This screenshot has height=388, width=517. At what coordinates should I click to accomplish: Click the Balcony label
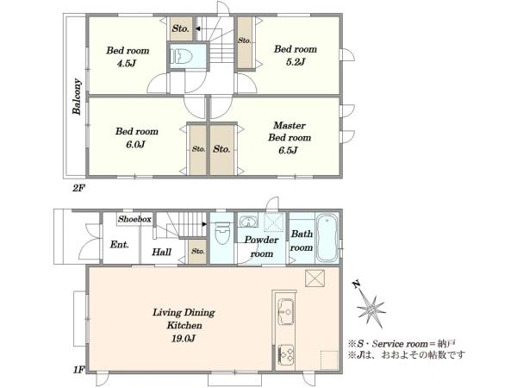[x=77, y=97]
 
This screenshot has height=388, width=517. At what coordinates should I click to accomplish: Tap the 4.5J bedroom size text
[x=127, y=63]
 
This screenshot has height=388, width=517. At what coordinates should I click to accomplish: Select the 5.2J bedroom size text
[x=295, y=62]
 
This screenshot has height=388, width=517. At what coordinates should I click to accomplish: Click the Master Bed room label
[x=290, y=131]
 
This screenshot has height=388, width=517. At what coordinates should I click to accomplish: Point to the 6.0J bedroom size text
[x=135, y=144]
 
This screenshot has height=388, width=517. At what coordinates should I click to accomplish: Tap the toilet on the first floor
[x=222, y=233]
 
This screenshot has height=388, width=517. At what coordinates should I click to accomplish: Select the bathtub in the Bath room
[x=327, y=237]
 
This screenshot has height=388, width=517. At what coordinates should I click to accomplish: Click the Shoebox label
[x=134, y=219]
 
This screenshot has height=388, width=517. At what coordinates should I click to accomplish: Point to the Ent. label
[x=120, y=245]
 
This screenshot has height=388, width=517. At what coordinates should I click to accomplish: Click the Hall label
[x=162, y=253]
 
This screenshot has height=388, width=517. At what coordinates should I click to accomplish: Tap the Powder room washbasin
[x=248, y=222]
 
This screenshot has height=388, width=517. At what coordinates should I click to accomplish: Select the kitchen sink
[x=286, y=311]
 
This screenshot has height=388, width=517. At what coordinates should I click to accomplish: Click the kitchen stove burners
[x=286, y=354]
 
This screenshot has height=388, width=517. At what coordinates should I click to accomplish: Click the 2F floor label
[x=78, y=188]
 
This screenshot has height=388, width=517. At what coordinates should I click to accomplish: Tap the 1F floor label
[x=79, y=370]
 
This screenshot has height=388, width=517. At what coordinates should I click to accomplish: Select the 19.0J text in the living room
[x=183, y=339]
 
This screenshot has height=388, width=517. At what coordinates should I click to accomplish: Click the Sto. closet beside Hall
[x=197, y=252]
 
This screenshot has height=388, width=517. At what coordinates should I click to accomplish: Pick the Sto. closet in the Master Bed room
[x=222, y=149]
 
